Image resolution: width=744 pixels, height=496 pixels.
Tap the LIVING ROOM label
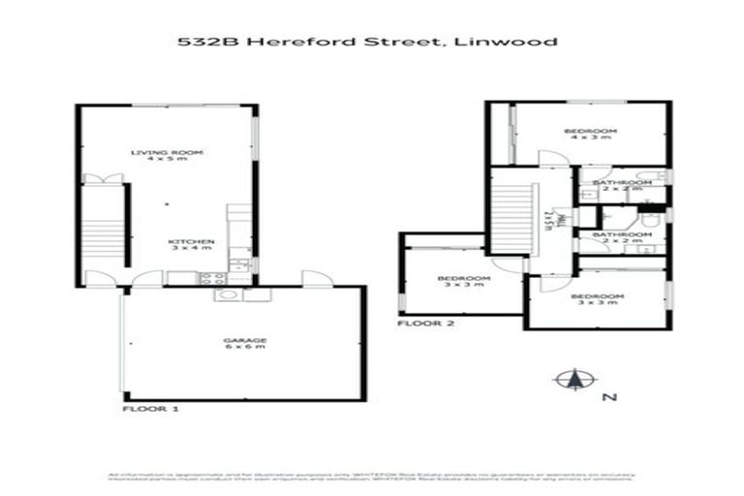(x=166, y=153)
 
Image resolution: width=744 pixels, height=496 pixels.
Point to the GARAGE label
(x=244, y=340)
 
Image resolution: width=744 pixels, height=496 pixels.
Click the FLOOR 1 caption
(x=152, y=410)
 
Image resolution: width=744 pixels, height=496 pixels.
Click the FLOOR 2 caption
(x=425, y=323)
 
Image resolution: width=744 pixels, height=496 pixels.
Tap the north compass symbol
(x=572, y=380)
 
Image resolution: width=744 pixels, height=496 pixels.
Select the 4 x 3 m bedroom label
(x=591, y=133)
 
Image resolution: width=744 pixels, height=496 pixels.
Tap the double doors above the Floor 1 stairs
(x=103, y=178)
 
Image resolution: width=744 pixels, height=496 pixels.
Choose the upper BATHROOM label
(x=617, y=183)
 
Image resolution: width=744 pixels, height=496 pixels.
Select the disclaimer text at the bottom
(x=371, y=477)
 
